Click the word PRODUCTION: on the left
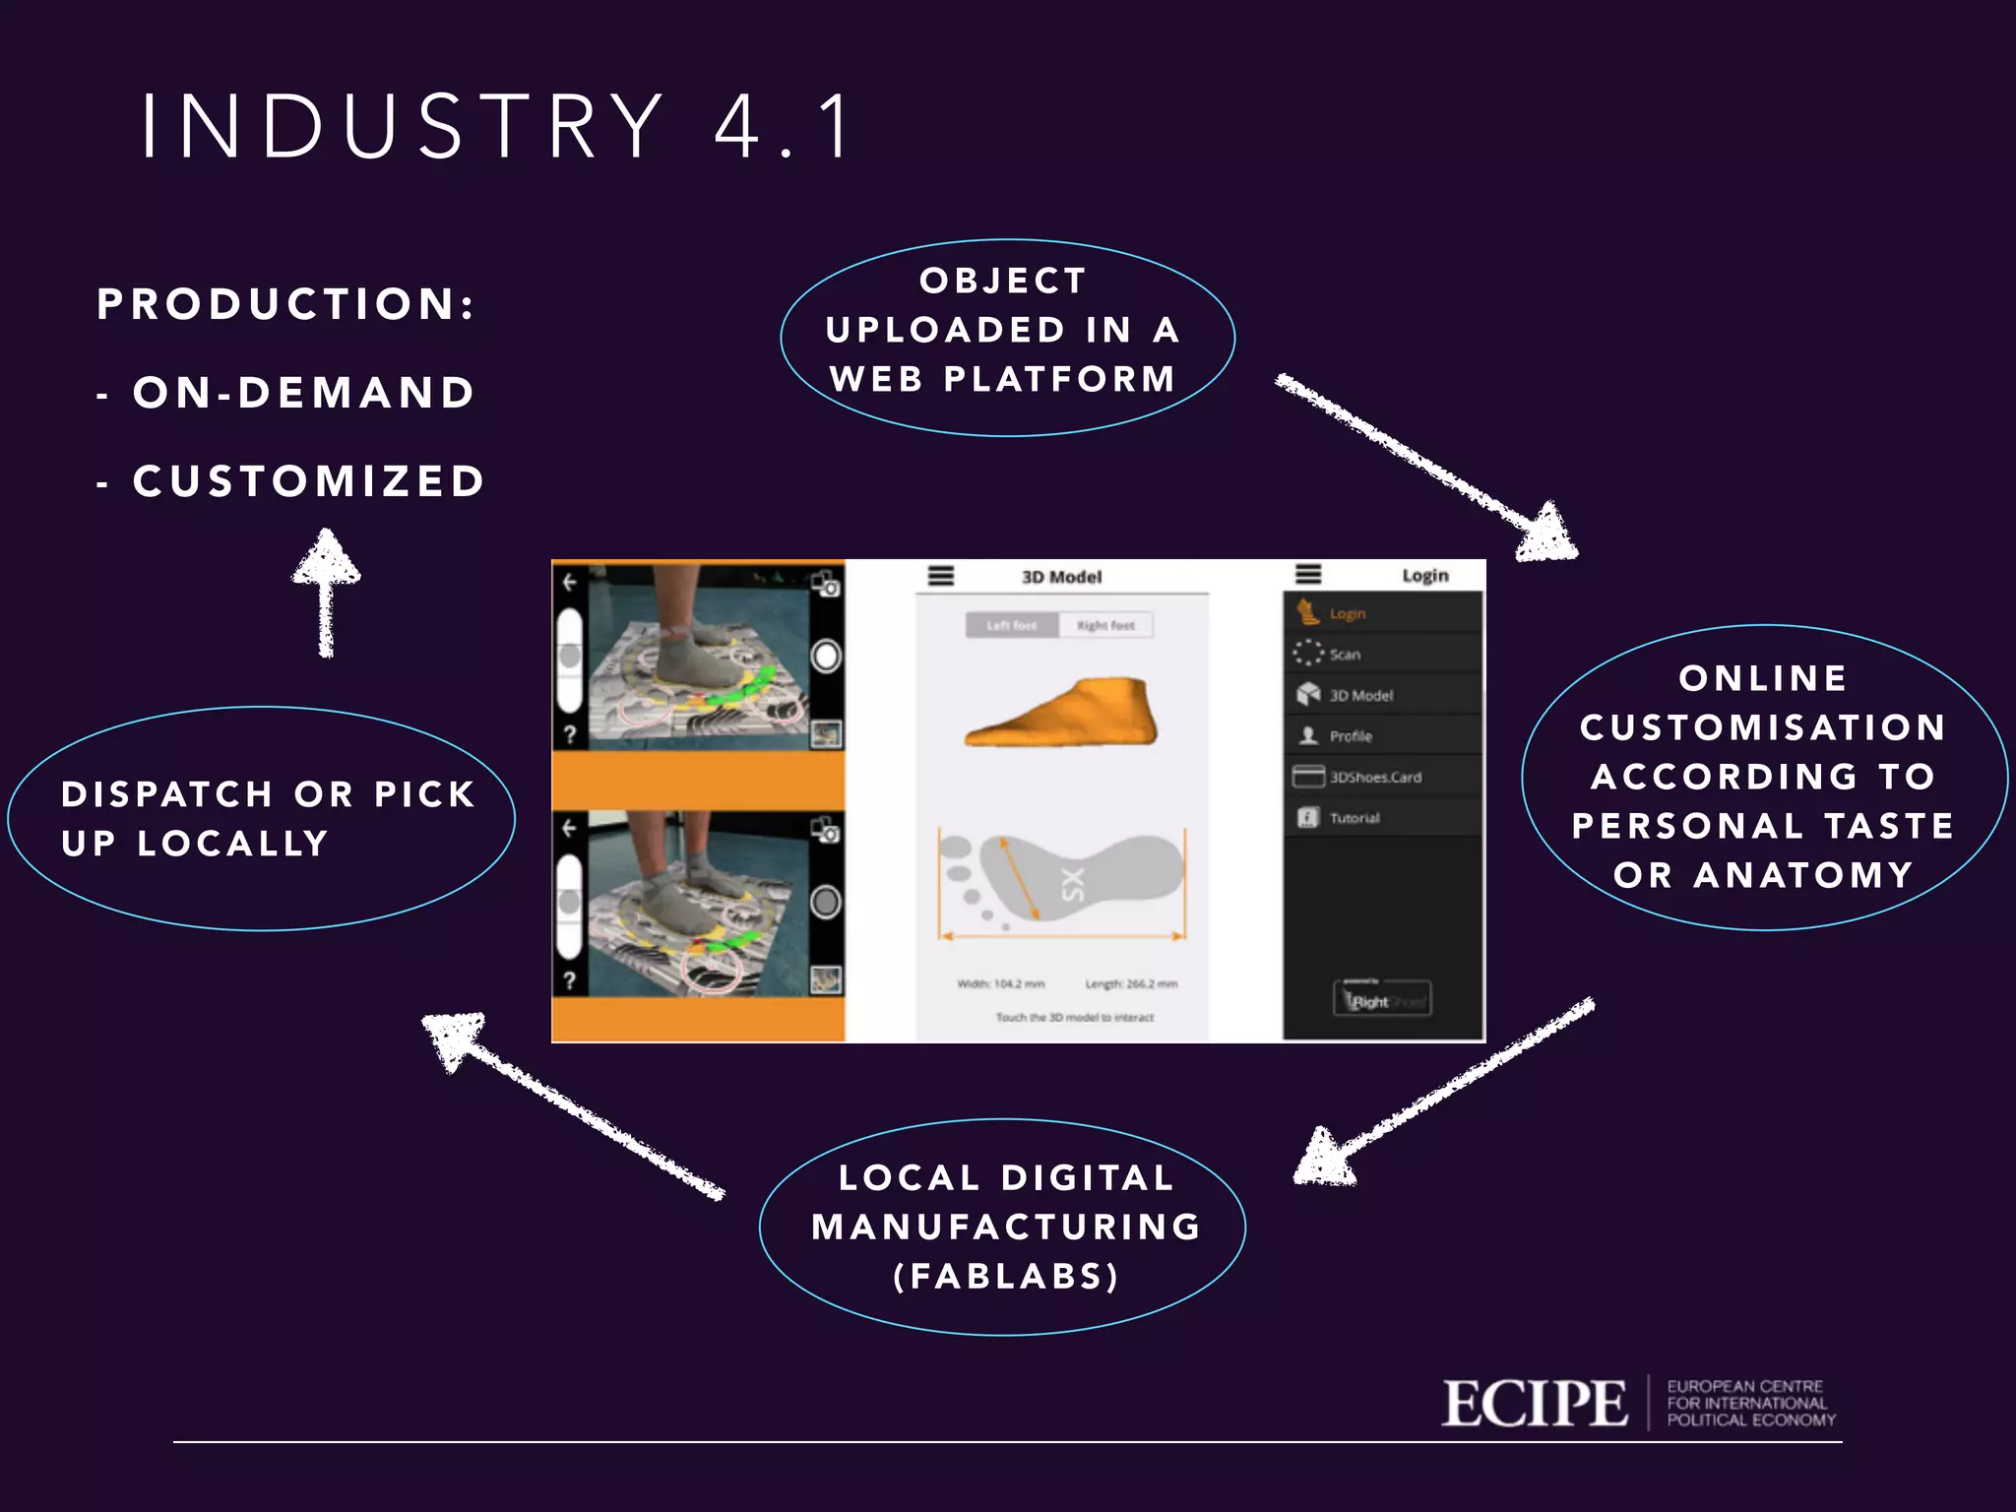point(285,304)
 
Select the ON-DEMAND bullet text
point(304,393)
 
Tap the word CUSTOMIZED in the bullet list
point(309,481)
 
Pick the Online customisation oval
point(1763,777)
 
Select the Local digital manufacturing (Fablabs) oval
point(1002,1227)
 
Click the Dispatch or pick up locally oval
point(261,819)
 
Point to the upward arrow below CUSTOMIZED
point(327,591)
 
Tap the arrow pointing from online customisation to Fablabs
point(1442,1092)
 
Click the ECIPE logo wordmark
point(1534,1404)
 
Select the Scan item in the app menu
point(1345,655)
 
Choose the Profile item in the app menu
point(1350,736)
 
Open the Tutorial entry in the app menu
point(1354,818)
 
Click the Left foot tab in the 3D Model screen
point(1011,625)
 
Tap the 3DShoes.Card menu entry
point(1374,777)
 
